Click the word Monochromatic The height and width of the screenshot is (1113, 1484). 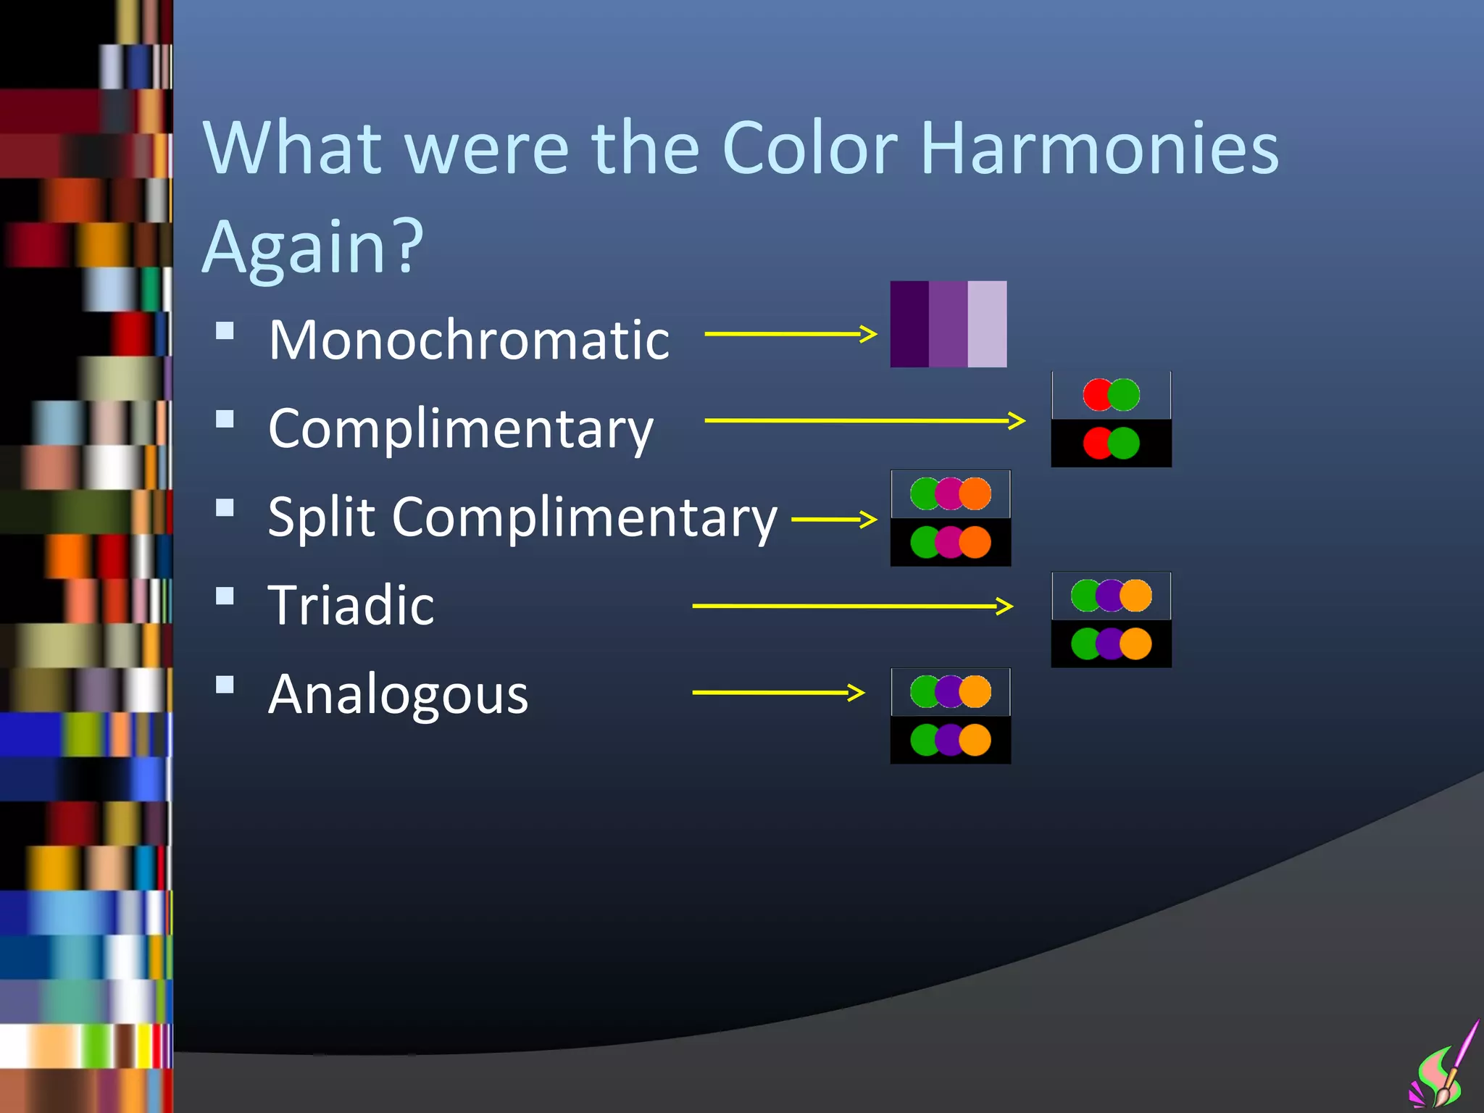pos(469,340)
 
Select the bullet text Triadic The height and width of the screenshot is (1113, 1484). pos(351,605)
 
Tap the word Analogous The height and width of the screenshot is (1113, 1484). pos(398,694)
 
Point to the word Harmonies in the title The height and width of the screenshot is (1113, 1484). pos(1099,149)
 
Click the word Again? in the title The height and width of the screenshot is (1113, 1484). pos(312,246)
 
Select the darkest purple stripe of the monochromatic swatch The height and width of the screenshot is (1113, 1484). pos(909,324)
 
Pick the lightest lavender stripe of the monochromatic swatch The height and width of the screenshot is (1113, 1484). pos(988,324)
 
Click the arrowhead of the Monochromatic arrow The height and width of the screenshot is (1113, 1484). pos(868,334)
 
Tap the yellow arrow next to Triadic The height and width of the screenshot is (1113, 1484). pos(851,606)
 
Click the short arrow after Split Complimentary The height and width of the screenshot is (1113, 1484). pos(834,520)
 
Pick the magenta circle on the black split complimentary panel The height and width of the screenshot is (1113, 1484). pos(949,542)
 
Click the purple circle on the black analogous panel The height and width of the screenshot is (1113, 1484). pos(949,740)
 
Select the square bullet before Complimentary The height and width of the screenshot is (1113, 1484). pos(225,420)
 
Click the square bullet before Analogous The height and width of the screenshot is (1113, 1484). pos(225,685)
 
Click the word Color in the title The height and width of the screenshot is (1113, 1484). pos(809,149)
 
